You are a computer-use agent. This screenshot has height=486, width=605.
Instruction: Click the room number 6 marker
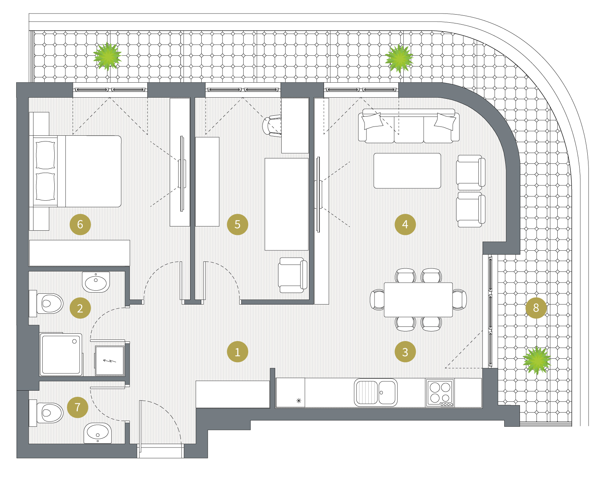point(80,224)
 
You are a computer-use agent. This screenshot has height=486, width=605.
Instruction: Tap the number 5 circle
point(237,224)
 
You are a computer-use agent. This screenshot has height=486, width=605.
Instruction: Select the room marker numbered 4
point(405,224)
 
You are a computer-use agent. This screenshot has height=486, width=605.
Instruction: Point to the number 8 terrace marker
point(536,308)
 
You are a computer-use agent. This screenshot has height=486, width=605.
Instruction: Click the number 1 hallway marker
point(237,352)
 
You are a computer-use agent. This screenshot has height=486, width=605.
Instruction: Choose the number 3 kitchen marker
point(405,352)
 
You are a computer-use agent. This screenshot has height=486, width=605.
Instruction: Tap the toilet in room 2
point(47,303)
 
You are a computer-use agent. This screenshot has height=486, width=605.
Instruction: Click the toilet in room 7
point(47,413)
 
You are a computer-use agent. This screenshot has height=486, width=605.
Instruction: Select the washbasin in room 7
point(97,433)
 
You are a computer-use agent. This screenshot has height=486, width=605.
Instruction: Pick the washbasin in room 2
point(96,282)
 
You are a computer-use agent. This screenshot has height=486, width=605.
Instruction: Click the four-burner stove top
point(440,393)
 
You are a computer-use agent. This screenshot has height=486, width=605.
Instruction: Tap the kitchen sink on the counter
point(376,393)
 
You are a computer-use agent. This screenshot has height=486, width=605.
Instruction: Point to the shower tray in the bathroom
point(61,355)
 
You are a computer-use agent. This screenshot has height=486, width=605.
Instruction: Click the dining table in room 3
point(418,300)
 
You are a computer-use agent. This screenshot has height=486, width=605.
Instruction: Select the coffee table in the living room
point(407,171)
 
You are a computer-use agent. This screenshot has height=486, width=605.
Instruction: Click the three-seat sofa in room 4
point(409,126)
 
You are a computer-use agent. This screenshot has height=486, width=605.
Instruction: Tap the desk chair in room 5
point(272,126)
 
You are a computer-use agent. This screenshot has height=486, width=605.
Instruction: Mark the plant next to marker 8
point(536,360)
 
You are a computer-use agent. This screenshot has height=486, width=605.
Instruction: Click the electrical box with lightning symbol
point(110,361)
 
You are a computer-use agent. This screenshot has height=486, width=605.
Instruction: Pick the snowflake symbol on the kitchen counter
point(299,401)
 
